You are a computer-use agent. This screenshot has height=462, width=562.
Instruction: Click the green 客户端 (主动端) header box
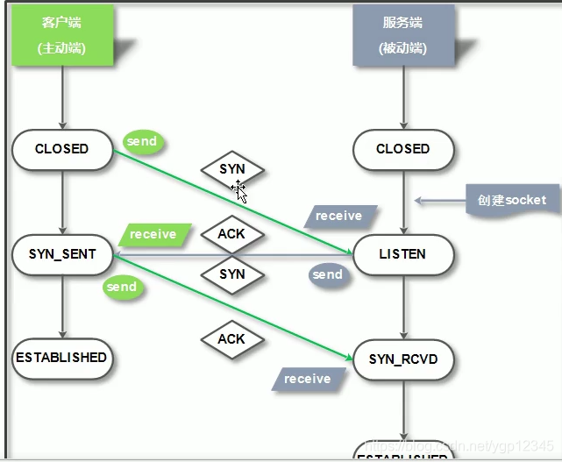(x=62, y=36)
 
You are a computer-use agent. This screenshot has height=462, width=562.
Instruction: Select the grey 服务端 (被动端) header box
(x=403, y=36)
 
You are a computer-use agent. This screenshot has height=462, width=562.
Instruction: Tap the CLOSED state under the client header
(x=62, y=149)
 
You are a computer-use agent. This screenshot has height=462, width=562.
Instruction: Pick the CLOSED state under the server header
(x=403, y=149)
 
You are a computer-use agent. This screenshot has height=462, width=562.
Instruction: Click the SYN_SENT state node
(x=62, y=254)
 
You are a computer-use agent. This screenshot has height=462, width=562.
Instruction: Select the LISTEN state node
(x=403, y=254)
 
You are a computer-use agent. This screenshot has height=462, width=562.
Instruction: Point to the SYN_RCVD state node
(x=403, y=359)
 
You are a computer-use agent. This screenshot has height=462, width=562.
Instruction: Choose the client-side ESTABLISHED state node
(x=61, y=358)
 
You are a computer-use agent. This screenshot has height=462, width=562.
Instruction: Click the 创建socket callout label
(x=511, y=200)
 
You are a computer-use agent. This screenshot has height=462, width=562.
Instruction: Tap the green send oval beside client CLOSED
(x=142, y=141)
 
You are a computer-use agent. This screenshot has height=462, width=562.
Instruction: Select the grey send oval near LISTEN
(x=327, y=274)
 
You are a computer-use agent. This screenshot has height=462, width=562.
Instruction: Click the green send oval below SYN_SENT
(x=122, y=287)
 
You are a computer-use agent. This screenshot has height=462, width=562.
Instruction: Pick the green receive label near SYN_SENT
(x=153, y=234)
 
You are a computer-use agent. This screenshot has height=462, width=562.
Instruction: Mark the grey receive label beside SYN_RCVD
(x=307, y=379)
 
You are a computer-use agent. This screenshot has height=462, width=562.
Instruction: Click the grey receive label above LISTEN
(x=338, y=216)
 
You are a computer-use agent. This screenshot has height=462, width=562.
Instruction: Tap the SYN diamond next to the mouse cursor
(x=232, y=168)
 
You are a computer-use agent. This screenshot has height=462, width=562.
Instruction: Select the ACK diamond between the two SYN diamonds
(x=232, y=234)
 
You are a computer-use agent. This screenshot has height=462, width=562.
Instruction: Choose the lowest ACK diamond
(x=232, y=339)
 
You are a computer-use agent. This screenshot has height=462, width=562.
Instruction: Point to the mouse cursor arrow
(x=239, y=192)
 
